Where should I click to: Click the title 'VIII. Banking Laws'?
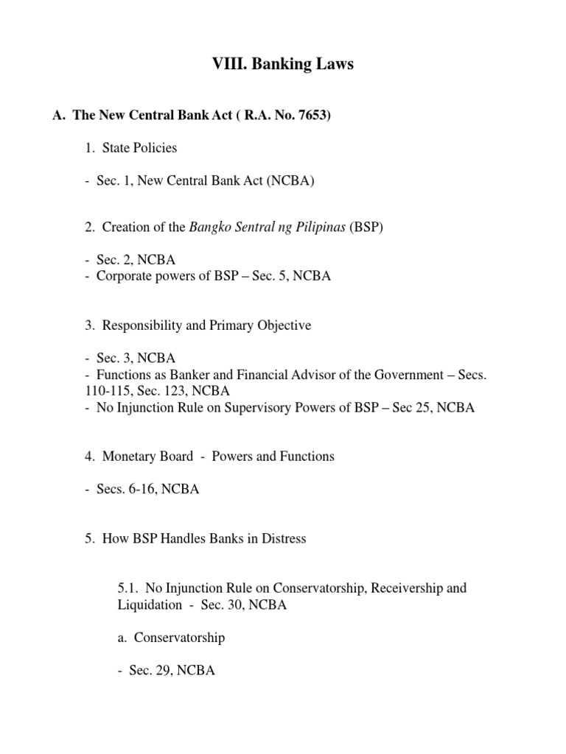click(283, 65)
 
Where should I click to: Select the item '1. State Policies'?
click(130, 148)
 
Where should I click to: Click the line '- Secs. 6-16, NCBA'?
click(141, 489)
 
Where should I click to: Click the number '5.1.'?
click(127, 588)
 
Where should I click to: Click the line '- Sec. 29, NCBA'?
click(166, 671)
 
